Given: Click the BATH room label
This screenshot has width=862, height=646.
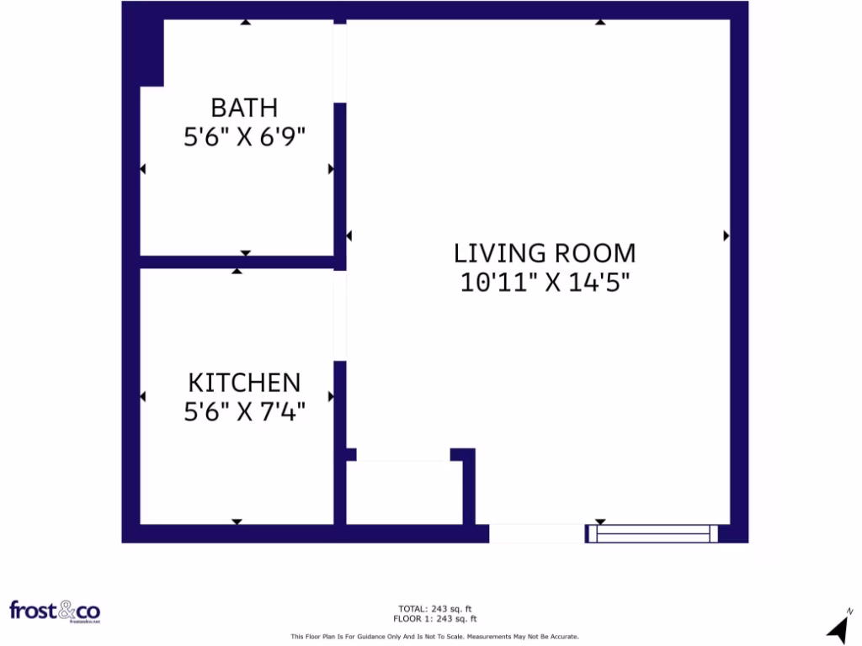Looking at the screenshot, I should point(244,108).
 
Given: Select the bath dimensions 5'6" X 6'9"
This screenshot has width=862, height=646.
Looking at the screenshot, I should point(244,137).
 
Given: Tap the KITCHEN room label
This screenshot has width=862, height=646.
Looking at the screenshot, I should point(244,383).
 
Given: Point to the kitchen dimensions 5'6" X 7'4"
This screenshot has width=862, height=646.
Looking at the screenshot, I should point(244,412).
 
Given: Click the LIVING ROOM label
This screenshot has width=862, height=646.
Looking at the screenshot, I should point(545,252).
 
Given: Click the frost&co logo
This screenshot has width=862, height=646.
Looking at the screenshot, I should point(55,611).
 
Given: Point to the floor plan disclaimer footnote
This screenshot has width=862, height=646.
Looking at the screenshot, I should point(434,637).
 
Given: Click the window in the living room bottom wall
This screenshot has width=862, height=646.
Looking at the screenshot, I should point(653,532).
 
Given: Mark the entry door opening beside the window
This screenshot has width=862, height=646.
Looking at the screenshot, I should point(537,532).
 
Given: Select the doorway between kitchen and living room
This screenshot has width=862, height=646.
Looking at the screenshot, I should point(340,315).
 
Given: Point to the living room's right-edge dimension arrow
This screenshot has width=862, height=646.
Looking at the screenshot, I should point(726,236).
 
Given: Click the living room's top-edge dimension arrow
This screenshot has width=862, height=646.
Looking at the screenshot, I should point(599,22).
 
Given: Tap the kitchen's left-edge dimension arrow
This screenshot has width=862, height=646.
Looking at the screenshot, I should point(142,397).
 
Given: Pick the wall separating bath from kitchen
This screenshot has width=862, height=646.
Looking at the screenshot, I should point(237,262).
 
